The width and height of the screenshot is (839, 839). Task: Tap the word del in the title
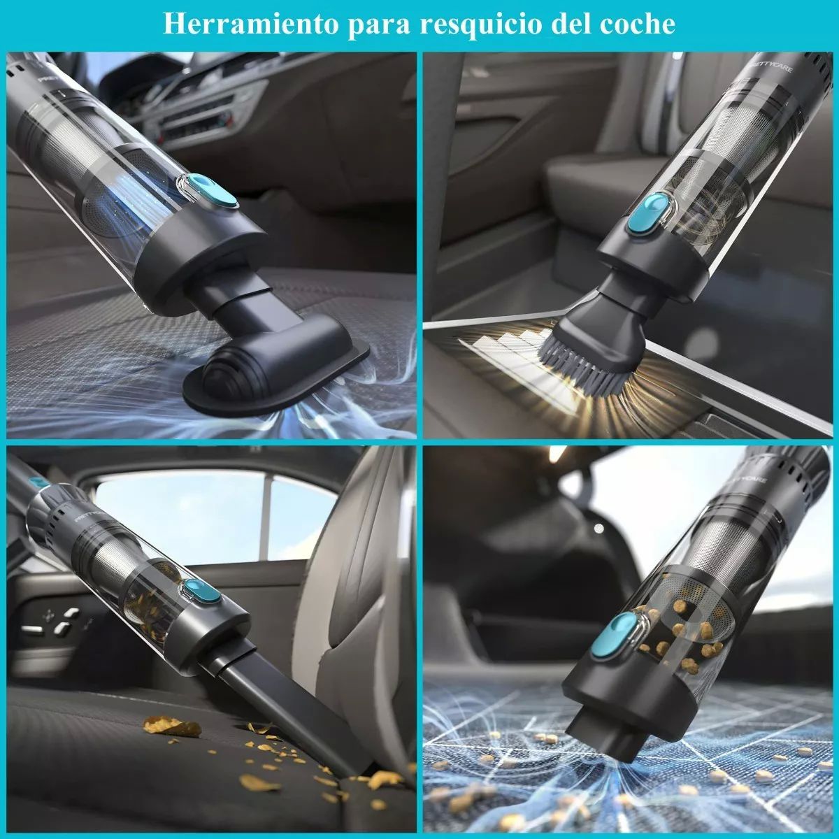pyautogui.click(x=573, y=24)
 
